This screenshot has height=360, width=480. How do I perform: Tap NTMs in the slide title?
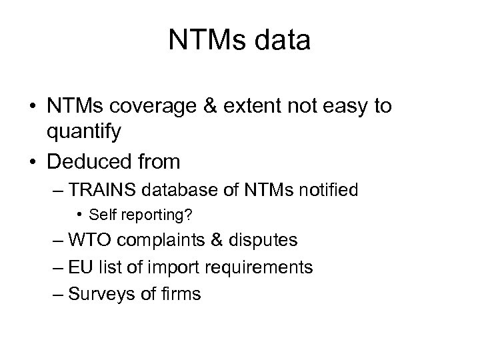tap(203, 41)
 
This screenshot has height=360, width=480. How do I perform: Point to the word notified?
tap(325, 190)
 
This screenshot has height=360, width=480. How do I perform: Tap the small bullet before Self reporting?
tap(79, 215)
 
